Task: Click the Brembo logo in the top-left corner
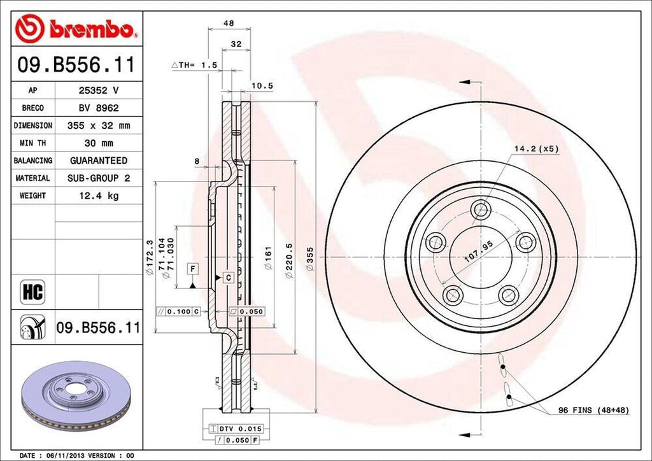coord(76,29)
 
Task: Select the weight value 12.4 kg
coord(99,195)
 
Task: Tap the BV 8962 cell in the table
coord(99,108)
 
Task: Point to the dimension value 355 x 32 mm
coord(99,126)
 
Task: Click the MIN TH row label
coord(32,143)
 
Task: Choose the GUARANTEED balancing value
coord(99,160)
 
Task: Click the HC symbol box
coord(32,292)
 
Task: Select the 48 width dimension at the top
coord(229,24)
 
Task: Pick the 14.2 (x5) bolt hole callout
coord(536,148)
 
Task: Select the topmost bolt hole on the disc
coord(480,209)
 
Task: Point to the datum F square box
coord(192,268)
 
